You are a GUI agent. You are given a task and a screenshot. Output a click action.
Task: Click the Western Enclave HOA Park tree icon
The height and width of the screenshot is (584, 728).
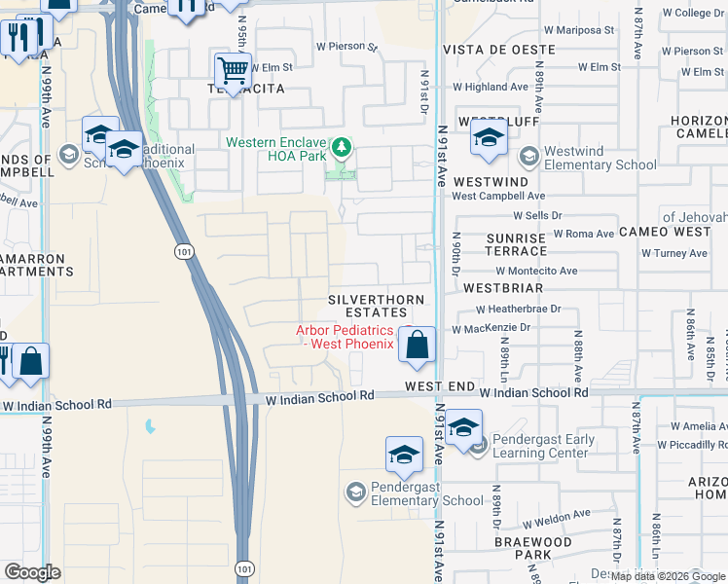pyautogui.click(x=341, y=148)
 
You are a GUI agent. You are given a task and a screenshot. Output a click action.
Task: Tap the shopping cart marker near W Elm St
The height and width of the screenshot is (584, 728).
pyautogui.click(x=232, y=70)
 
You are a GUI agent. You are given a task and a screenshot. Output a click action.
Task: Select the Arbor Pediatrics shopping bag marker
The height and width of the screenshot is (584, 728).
pyautogui.click(x=417, y=345)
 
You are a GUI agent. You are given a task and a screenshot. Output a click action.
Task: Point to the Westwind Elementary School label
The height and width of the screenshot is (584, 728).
pyautogui.click(x=601, y=158)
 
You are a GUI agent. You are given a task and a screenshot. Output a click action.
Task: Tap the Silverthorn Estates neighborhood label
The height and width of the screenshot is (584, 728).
pyautogui.click(x=367, y=306)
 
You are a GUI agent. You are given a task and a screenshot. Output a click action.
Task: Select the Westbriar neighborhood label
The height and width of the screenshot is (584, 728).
pyautogui.click(x=502, y=288)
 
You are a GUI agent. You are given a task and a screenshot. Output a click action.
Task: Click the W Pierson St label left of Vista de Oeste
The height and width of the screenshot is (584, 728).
pyautogui.click(x=346, y=46)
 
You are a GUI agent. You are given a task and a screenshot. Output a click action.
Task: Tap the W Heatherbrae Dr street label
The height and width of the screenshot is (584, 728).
pyautogui.click(x=519, y=309)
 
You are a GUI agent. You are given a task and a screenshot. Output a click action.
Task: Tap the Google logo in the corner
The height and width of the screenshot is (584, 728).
pyautogui.click(x=32, y=571)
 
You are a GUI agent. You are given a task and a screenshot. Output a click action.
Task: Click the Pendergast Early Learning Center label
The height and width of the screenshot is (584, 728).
pyautogui.click(x=544, y=446)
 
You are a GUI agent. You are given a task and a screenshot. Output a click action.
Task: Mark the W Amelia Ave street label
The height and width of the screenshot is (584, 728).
pyautogui.click(x=692, y=426)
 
